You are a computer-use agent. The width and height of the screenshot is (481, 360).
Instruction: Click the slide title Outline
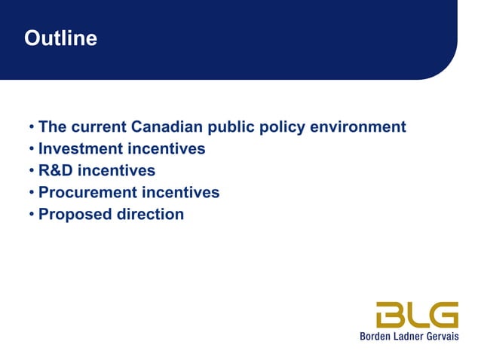click(x=60, y=38)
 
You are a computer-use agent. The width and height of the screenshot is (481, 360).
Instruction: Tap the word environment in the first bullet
click(x=360, y=127)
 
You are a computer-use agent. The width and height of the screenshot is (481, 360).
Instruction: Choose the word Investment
click(x=81, y=148)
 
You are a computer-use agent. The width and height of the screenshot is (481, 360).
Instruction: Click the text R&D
click(x=55, y=170)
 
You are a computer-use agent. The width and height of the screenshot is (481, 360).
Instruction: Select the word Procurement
click(x=87, y=192)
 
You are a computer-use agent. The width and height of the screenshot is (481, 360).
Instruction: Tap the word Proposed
click(x=75, y=214)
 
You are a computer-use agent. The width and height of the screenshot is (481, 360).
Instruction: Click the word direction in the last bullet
click(x=150, y=214)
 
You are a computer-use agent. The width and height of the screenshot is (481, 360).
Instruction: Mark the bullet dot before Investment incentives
click(x=32, y=149)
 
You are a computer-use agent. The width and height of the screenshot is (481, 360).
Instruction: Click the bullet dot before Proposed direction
click(x=32, y=215)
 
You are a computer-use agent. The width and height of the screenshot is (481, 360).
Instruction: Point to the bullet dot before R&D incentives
click(x=32, y=171)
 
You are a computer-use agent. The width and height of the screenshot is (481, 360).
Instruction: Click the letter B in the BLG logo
click(x=392, y=314)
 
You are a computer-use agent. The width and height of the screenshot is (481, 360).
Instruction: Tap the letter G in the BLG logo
click(x=443, y=314)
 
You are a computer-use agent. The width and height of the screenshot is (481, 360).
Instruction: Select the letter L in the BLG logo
click(x=417, y=314)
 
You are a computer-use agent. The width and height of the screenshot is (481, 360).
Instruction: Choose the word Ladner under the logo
click(x=408, y=336)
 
